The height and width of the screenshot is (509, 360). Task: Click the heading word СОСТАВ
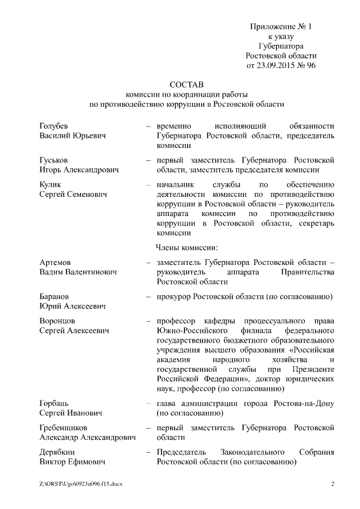pyautogui.click(x=186, y=83)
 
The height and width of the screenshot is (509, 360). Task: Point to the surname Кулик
pyautogui.click(x=51, y=184)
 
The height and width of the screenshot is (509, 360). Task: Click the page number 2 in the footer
pyautogui.click(x=332, y=484)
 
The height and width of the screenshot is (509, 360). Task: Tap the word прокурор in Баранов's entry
pyautogui.click(x=174, y=296)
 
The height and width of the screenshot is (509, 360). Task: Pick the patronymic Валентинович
pyautogui.click(x=91, y=272)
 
